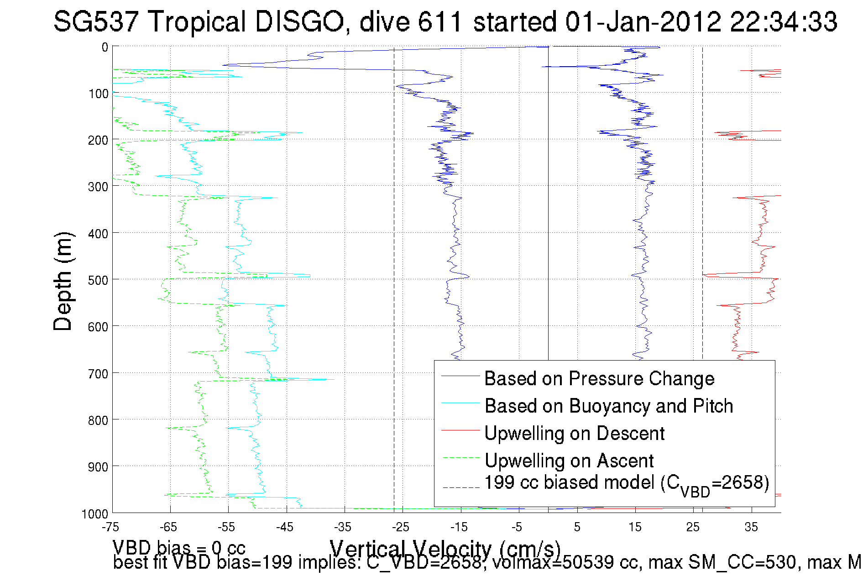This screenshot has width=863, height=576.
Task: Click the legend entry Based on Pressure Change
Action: [x=599, y=379]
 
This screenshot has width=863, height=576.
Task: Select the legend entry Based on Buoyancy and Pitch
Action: [x=608, y=406]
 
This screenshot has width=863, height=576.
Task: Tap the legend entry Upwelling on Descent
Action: [x=574, y=434]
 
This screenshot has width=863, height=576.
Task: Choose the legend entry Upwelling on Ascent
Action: [x=569, y=461]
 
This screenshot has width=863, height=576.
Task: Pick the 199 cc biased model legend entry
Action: [x=626, y=484]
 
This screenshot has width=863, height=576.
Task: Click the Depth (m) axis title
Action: [x=63, y=281]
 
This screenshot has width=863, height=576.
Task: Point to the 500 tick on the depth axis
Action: [x=98, y=280]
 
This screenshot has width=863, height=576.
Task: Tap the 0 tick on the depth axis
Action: [x=105, y=47]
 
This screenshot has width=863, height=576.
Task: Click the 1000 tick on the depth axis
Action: [x=95, y=514]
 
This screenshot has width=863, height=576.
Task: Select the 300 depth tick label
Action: [x=98, y=187]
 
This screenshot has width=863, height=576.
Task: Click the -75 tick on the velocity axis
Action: [x=110, y=527]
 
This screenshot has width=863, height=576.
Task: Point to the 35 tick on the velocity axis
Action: [x=751, y=527]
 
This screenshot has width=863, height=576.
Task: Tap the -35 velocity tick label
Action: [x=343, y=527]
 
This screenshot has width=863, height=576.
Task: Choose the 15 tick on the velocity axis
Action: [x=635, y=527]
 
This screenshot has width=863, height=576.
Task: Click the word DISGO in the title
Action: [x=299, y=22]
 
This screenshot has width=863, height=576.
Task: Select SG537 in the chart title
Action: [x=96, y=22]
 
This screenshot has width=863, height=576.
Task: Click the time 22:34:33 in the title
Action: [x=783, y=22]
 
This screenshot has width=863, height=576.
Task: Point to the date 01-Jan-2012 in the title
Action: [x=643, y=22]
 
